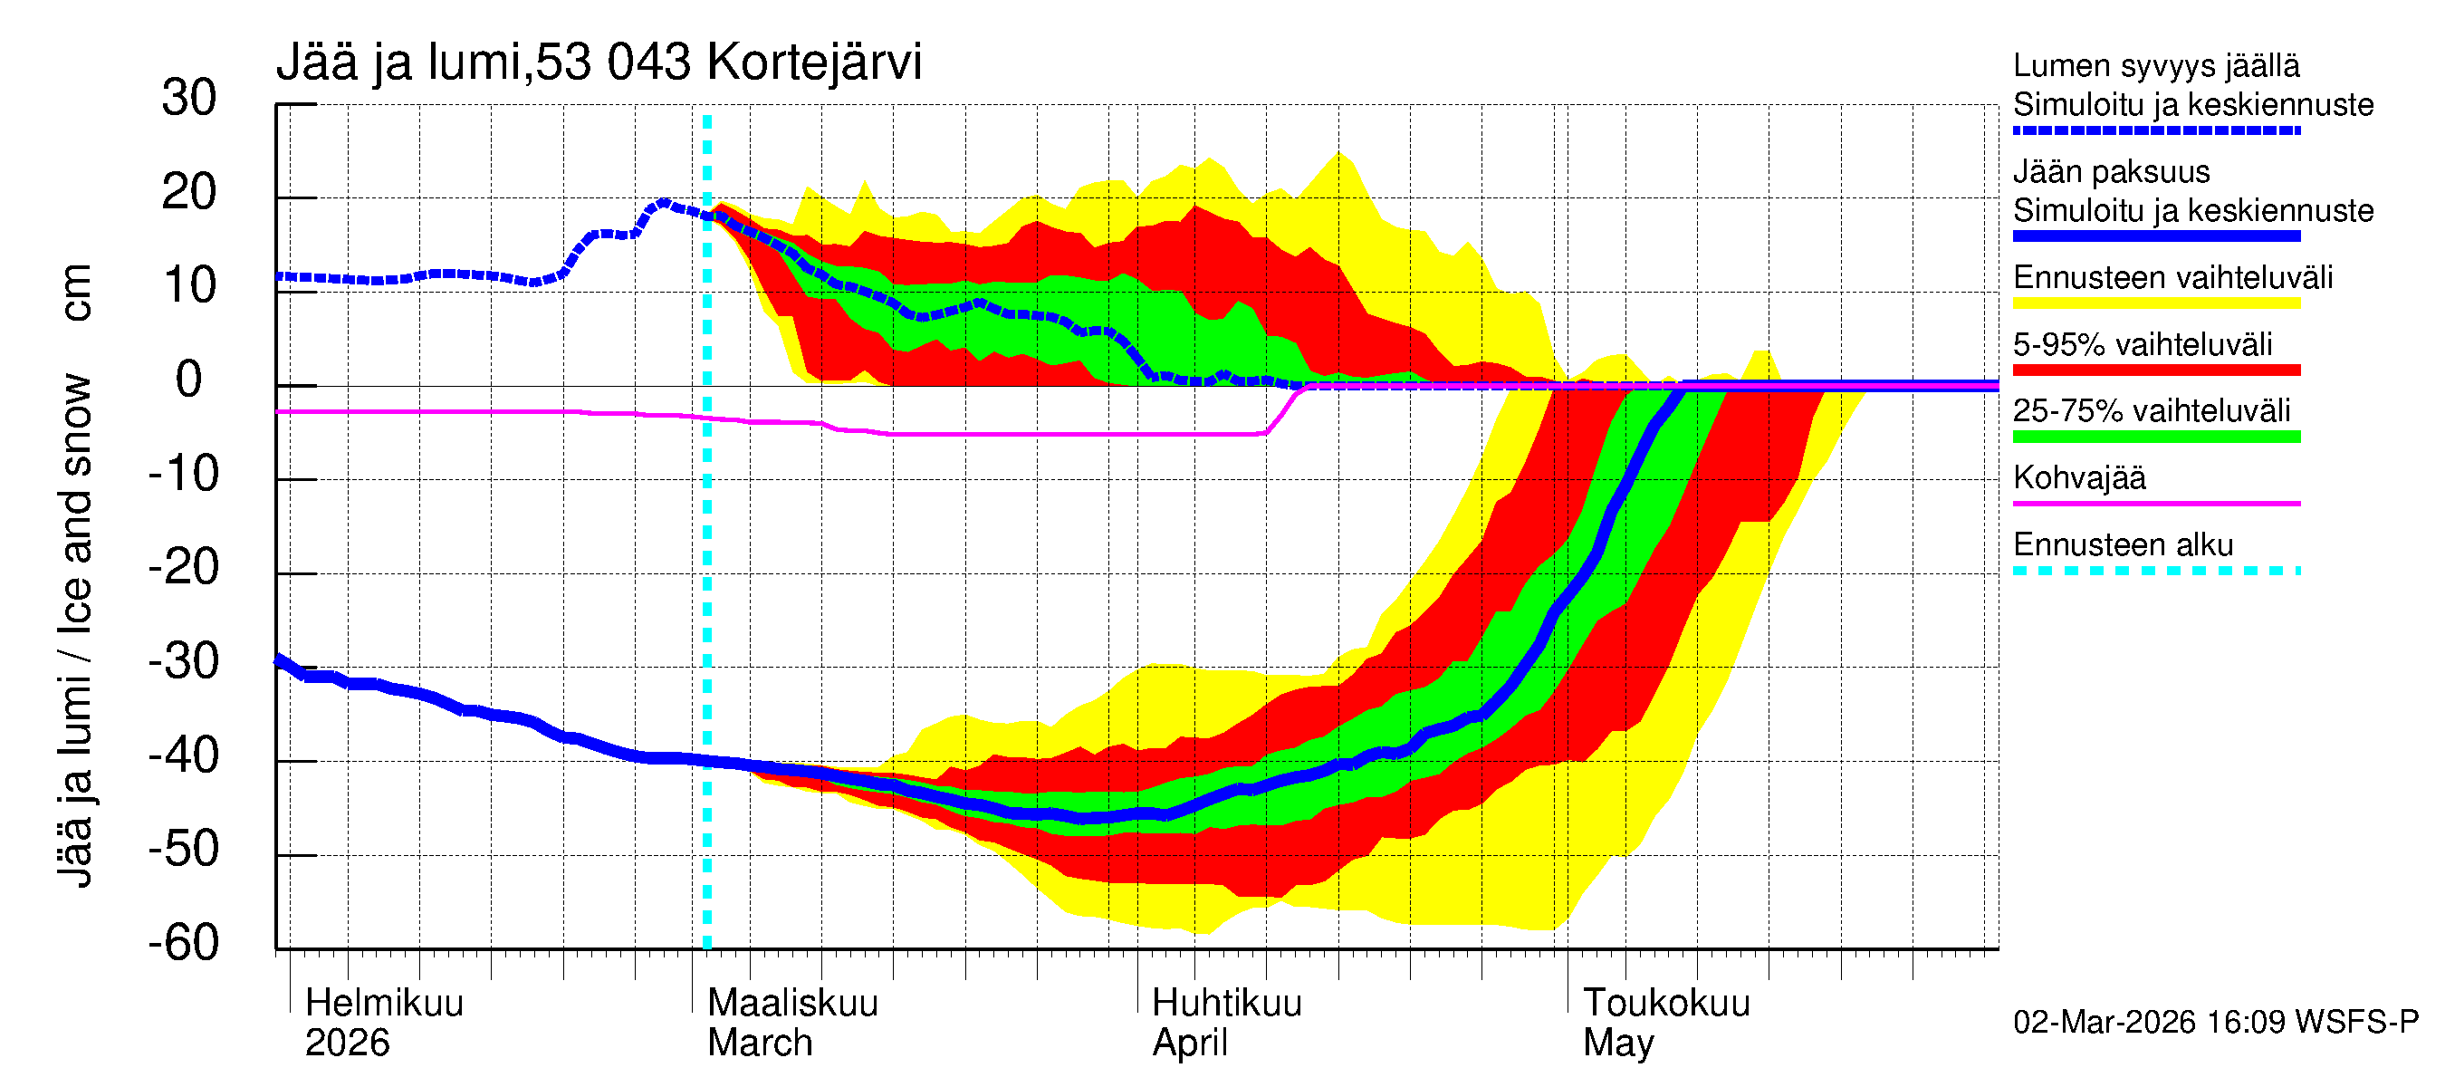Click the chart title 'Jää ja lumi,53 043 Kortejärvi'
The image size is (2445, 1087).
(x=598, y=63)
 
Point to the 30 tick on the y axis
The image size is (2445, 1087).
(x=189, y=99)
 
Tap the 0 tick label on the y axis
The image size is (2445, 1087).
(x=189, y=380)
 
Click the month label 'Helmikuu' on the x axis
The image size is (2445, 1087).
(x=384, y=1004)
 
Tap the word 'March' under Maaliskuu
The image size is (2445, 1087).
(x=760, y=1044)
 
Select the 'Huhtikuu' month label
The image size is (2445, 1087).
(x=1226, y=1004)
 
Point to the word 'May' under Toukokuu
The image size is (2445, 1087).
(x=1618, y=1044)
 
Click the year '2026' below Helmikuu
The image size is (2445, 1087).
(x=348, y=1044)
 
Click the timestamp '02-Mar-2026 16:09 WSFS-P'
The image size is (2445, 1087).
(x=2215, y=1023)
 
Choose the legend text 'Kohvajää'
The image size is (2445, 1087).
(x=2078, y=477)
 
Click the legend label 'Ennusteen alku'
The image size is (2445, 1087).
(x=2123, y=545)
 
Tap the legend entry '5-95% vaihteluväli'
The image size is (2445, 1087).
(x=2143, y=344)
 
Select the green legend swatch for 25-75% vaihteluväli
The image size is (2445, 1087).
(x=2155, y=437)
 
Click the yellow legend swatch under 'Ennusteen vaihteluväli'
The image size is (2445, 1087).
(x=2155, y=303)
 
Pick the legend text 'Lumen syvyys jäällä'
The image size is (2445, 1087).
(x=2155, y=66)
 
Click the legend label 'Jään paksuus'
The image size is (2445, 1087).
(x=2111, y=172)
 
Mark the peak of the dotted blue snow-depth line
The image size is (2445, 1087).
(x=664, y=202)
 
